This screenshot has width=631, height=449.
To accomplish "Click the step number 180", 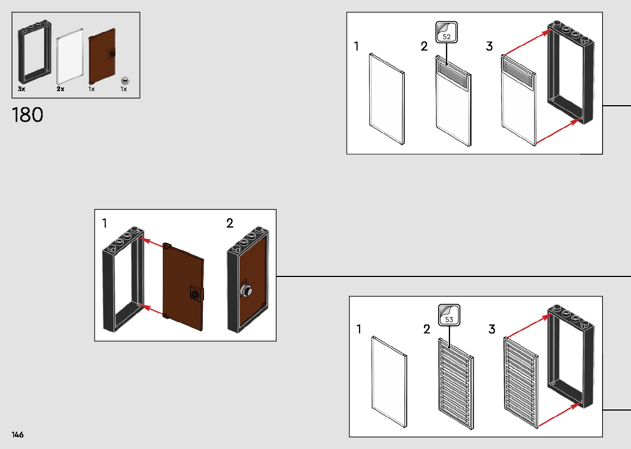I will [x=28, y=115].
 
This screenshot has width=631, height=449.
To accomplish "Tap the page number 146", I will [x=18, y=435].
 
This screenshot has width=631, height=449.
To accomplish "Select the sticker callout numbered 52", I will [x=446, y=33].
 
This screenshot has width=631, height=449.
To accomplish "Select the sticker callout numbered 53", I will [x=449, y=315].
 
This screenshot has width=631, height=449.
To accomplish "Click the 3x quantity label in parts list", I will [x=21, y=89].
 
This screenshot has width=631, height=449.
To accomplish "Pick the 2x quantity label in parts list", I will [x=61, y=89].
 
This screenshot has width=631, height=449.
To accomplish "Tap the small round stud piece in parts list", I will [x=125, y=80].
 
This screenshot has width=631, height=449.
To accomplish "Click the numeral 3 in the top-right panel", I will [x=489, y=46].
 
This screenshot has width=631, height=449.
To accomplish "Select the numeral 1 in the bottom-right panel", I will [x=359, y=329].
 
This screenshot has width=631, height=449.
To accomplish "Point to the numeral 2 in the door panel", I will [x=230, y=223].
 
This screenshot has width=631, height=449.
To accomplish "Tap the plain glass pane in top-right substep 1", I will [x=387, y=99].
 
